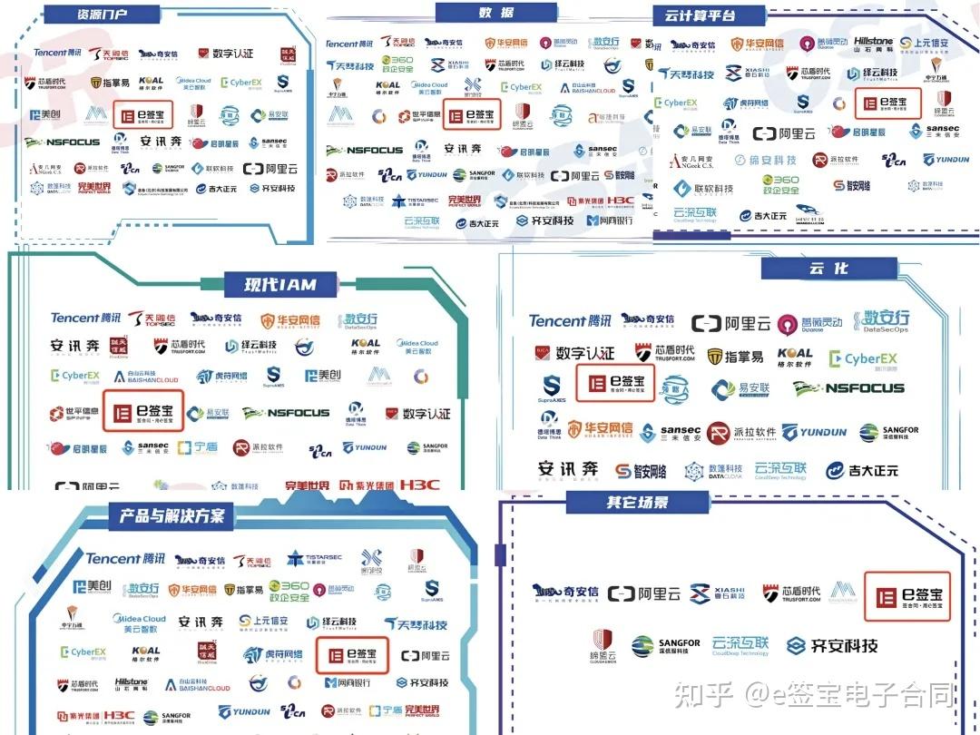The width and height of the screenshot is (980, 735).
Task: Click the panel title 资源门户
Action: tap(97, 15)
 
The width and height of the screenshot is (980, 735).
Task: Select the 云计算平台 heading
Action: tap(700, 15)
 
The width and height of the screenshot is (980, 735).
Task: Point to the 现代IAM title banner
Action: tap(280, 284)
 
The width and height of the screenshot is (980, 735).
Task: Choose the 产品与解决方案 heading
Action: tap(171, 515)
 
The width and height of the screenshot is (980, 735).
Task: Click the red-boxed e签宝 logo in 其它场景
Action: tap(906, 596)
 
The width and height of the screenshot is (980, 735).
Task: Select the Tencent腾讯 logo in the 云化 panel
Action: tap(570, 321)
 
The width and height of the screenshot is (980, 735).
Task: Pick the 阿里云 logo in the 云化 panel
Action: tap(723, 323)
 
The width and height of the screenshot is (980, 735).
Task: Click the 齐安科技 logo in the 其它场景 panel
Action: tap(832, 646)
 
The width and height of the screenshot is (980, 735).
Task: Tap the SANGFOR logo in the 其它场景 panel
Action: tap(666, 646)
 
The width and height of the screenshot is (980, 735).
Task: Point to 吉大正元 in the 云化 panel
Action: tap(862, 470)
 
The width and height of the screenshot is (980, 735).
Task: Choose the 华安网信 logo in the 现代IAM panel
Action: tap(290, 320)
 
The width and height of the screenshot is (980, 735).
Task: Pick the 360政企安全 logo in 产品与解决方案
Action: tap(287, 592)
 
